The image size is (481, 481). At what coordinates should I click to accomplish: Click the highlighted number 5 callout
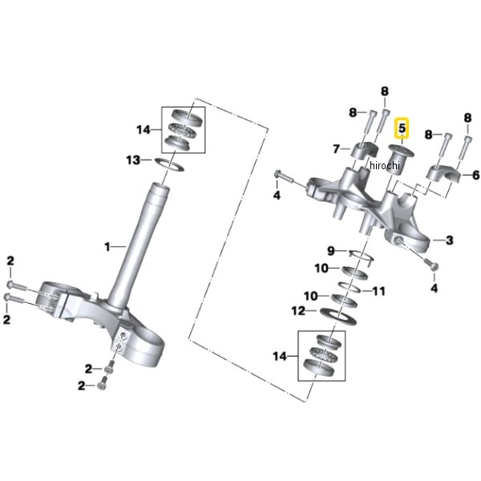coord(402,128)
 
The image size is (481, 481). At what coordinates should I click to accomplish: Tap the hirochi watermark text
coord(385,165)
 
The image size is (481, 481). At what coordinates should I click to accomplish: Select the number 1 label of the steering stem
coord(107,247)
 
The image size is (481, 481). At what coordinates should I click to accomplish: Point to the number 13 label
coord(133,160)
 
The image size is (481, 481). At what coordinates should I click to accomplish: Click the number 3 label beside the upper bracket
coord(450,240)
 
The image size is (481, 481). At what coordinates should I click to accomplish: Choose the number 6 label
coord(475,175)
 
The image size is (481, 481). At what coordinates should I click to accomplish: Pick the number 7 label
coord(336,149)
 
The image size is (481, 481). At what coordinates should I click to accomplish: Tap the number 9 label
coord(330,251)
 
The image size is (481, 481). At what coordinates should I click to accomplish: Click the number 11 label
coord(378,291)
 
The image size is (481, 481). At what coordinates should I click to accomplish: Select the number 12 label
coord(298,311)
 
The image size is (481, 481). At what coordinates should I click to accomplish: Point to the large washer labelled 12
coord(338,317)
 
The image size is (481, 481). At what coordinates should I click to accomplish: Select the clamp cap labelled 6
coord(444,174)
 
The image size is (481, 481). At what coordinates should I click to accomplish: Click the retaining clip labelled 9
coord(362,255)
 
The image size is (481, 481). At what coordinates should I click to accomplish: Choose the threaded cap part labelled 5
coord(398,160)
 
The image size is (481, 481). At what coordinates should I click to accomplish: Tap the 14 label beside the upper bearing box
coord(143,130)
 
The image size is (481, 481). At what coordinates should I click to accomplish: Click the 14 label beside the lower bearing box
coord(280,356)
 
